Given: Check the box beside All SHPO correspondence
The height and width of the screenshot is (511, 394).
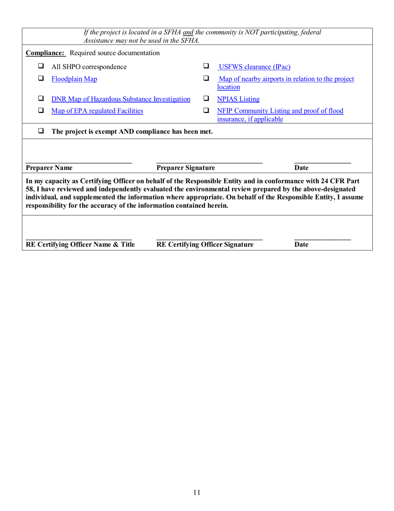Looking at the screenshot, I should coord(41,66).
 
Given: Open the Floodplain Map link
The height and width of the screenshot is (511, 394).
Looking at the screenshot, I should coord(74,79).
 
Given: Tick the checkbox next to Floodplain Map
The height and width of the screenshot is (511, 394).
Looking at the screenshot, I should coord(41,79).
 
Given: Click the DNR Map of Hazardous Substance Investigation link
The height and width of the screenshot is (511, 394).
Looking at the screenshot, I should coord(121,99).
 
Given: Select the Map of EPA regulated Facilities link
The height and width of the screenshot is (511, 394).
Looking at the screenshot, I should coord(97,111).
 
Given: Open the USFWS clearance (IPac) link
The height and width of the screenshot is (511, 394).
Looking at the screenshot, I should coord(254,67).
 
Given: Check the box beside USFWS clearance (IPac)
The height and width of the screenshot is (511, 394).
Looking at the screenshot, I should coord(206,66).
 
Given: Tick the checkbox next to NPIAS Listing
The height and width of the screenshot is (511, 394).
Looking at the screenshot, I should coord(206,99).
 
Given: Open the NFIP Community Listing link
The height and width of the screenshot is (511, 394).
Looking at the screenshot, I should coord(280,111).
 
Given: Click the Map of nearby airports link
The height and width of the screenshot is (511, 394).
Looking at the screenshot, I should coord(286,79).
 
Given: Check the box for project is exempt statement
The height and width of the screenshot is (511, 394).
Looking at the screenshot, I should coord(41,131).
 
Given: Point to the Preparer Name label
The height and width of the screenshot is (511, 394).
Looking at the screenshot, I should coord(49,168).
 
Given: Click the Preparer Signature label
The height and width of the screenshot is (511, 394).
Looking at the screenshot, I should coord(185,168).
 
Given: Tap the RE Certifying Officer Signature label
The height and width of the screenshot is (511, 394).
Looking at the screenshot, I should coord(205,245).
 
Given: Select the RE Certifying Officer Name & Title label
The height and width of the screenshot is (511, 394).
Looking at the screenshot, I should coord(80,245).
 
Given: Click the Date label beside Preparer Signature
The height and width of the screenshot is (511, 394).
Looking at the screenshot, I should coord(301,168).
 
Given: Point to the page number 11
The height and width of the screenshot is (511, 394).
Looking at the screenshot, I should coord(197,493).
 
